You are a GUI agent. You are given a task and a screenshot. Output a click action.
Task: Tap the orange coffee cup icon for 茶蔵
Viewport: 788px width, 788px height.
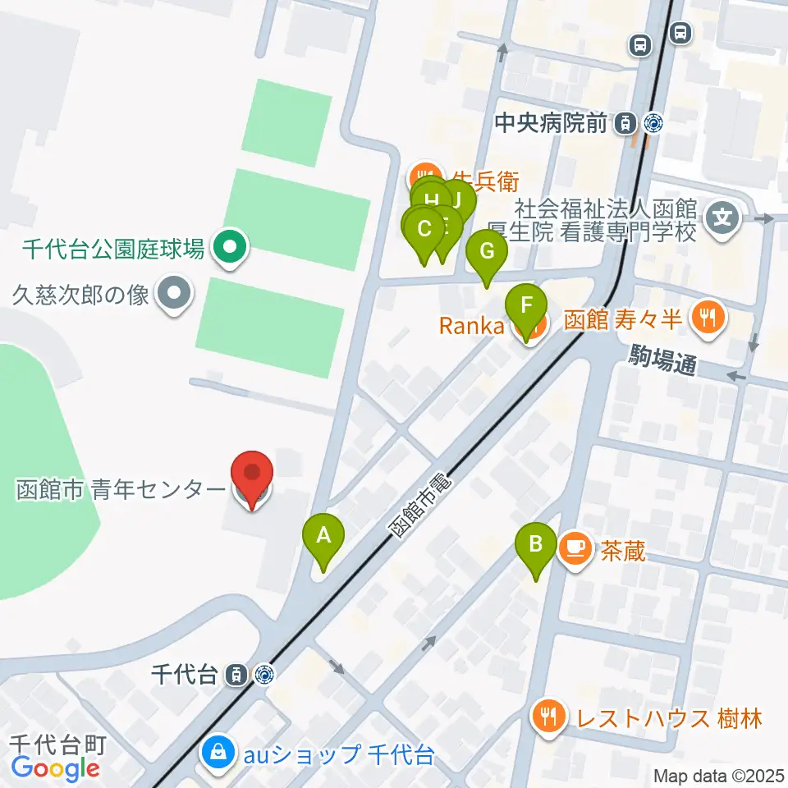[576, 547]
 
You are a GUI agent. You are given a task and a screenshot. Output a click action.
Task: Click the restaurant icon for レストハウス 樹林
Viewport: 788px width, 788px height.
[547, 717]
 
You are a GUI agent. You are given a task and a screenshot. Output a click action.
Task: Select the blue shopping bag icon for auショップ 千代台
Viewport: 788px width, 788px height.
[219, 751]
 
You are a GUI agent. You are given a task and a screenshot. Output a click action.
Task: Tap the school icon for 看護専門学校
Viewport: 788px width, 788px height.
[723, 218]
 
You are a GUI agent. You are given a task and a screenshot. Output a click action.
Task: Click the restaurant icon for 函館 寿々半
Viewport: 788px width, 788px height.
[706, 317]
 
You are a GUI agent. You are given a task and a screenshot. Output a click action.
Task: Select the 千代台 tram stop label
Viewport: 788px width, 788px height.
[185, 675]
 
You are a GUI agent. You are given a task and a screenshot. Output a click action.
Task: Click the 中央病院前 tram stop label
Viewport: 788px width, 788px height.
[551, 124]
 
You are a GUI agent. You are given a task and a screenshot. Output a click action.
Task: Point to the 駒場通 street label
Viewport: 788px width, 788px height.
[662, 360]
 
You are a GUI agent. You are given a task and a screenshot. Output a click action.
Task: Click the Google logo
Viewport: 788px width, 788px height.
[55, 768]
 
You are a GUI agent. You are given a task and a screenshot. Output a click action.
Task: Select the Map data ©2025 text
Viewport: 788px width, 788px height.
[720, 775]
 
